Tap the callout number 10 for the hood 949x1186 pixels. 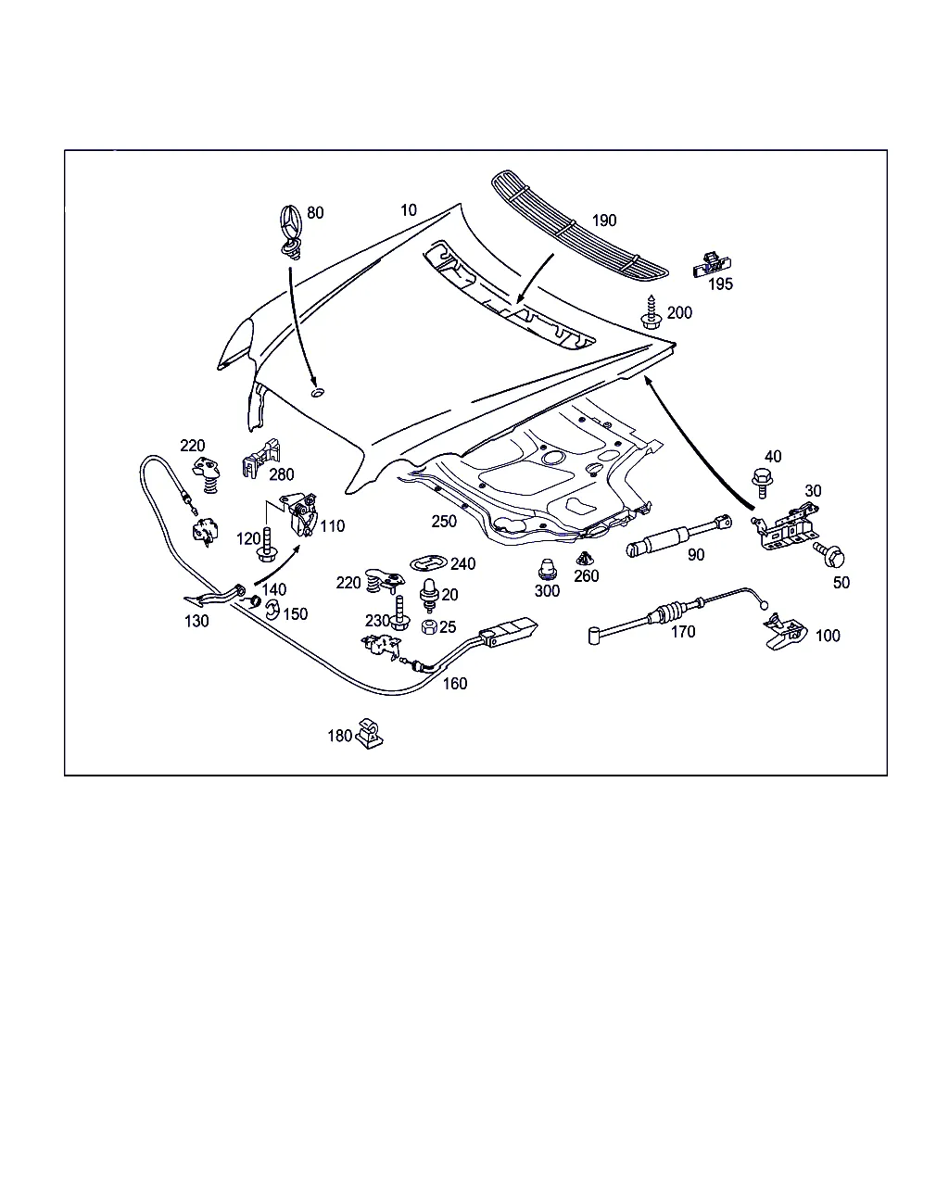pos(409,210)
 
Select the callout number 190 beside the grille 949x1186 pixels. pos(603,221)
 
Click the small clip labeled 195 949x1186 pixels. pos(709,264)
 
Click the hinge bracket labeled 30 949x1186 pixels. pos(786,526)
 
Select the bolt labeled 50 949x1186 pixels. pos(832,556)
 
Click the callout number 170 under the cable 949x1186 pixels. pos(682,632)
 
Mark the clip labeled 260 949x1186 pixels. pos(586,559)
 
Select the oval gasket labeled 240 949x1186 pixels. pos(429,562)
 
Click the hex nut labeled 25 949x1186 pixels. pos(429,627)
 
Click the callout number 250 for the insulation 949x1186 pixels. pos(444,522)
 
